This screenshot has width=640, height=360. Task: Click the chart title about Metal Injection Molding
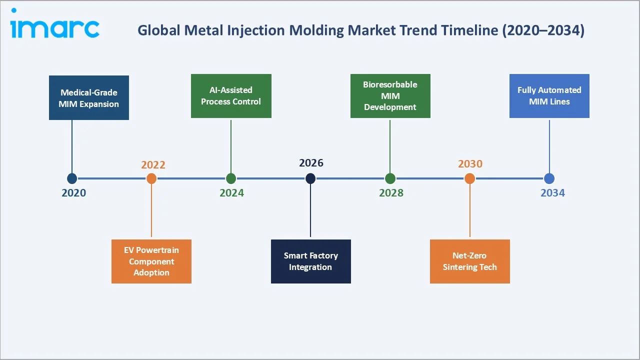coord(360,30)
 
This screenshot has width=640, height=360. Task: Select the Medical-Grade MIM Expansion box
coord(89,98)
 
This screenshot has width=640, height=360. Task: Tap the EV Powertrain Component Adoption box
coord(151,261)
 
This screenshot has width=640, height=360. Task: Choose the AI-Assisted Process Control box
coord(231,96)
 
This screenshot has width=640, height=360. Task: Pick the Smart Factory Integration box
coord(310,261)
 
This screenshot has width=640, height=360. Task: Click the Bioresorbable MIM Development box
coord(390,96)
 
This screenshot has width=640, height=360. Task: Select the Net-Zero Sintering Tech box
coord(469,261)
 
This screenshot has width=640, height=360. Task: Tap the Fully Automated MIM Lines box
coord(549,96)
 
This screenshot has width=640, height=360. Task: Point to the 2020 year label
coord(73,193)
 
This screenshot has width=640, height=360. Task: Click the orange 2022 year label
coord(153,165)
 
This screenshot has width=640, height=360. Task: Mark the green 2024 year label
coord(231,193)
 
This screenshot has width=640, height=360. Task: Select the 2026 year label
coord(311,163)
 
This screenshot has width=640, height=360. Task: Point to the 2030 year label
coord(470,164)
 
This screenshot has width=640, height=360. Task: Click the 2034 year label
coord(552,193)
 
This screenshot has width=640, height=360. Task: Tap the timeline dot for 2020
coord(72,178)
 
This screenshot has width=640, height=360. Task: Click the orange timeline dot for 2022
coord(151,178)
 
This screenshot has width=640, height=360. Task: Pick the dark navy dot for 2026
coord(310,178)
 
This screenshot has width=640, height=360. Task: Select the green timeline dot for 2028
coord(390,178)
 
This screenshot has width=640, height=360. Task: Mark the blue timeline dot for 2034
coord(549,178)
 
